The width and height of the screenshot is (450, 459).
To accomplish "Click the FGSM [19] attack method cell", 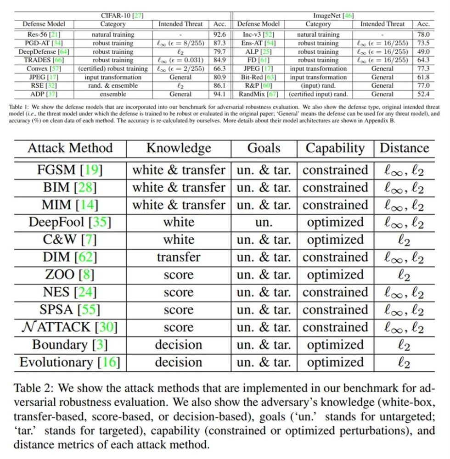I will [70, 170].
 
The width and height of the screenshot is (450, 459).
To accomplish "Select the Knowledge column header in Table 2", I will [179, 148].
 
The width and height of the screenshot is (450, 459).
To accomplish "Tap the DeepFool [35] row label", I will [70, 222].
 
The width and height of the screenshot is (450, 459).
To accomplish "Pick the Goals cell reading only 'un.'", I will [264, 222].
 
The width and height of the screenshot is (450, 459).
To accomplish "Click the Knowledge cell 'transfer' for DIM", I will [179, 257].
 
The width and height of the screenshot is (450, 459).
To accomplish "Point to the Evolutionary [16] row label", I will [70, 362].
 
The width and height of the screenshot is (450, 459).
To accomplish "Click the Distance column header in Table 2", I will [404, 148].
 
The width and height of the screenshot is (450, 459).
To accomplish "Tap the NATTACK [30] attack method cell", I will [70, 327].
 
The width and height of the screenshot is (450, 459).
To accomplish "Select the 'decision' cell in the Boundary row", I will [179, 345].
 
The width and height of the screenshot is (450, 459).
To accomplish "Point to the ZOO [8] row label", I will [70, 274].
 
